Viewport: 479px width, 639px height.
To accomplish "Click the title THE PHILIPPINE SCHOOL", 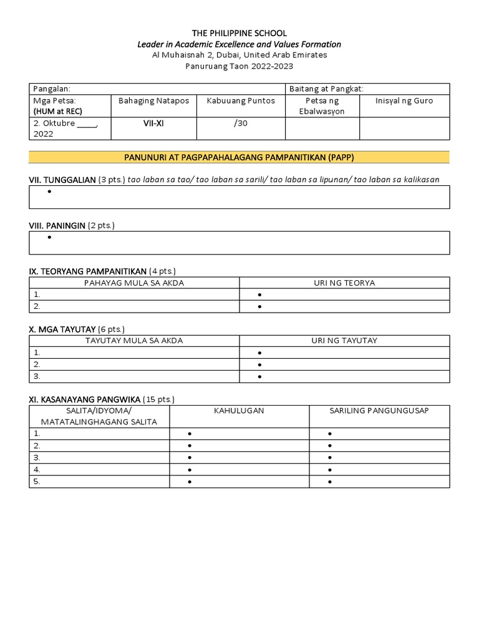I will point(239,32).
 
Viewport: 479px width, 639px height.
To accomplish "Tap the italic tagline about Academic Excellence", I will point(239,44).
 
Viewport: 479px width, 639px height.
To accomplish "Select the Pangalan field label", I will point(52,89).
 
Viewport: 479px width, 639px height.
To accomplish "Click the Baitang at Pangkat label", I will point(326,89).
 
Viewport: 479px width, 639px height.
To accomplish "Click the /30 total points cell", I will point(241,124).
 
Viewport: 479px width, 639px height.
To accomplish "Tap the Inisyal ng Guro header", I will point(404,100).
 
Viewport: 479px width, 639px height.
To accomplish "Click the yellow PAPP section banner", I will point(239,157).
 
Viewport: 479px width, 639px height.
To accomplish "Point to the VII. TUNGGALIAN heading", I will point(62,180).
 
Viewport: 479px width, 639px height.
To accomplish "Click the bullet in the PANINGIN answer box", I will point(49,238).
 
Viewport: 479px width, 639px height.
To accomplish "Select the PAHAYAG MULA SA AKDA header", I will point(134,283).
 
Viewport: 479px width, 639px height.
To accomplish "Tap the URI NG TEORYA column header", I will point(344,283).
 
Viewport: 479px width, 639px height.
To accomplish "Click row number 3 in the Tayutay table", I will point(37,376).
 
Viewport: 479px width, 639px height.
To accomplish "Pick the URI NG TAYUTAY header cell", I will point(344,340).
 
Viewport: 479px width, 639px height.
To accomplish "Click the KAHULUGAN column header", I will point(239,411).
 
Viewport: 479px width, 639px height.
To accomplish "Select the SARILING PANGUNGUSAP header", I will point(379,411).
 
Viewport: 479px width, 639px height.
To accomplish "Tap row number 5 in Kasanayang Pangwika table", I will point(37,481).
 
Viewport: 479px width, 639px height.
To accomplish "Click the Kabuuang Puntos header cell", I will point(241,100).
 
